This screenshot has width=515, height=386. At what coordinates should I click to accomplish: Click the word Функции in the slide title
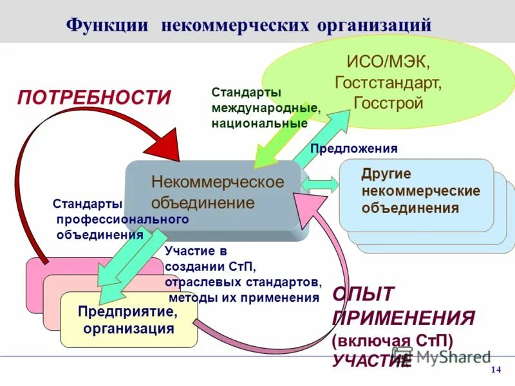point(108,26)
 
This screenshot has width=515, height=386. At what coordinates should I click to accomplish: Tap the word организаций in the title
point(373,26)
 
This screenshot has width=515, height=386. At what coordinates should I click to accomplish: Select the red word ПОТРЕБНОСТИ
point(95,98)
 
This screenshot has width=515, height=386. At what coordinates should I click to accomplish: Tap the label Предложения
point(354,149)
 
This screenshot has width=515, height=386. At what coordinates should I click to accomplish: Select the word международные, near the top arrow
point(265,107)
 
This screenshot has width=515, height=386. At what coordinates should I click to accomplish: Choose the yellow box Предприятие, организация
point(128,320)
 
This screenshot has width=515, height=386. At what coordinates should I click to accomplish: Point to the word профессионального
point(122,219)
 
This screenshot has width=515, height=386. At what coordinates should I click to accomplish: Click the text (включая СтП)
point(393,340)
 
